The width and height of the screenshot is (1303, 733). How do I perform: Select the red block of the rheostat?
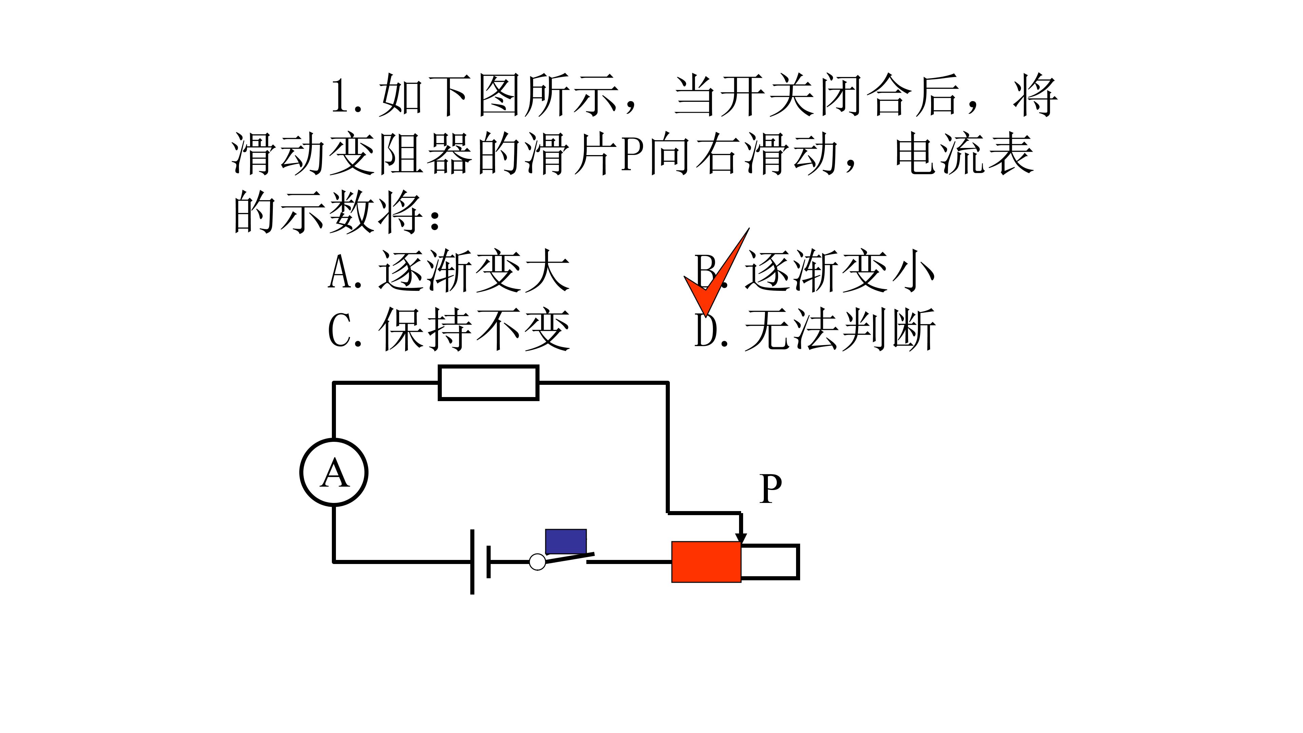706,562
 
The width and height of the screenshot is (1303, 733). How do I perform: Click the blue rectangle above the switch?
566,541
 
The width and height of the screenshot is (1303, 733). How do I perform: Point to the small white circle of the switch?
537,562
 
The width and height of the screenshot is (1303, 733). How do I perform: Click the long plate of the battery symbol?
472,562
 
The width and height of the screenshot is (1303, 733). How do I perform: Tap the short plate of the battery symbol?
488,562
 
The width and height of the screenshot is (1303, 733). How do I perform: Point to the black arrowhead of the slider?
741,538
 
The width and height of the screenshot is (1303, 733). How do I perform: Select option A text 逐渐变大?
474,272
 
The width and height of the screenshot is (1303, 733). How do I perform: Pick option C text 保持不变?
474,330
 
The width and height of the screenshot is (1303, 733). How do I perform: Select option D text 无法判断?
840,330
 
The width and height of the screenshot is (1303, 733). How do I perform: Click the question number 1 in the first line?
340,96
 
